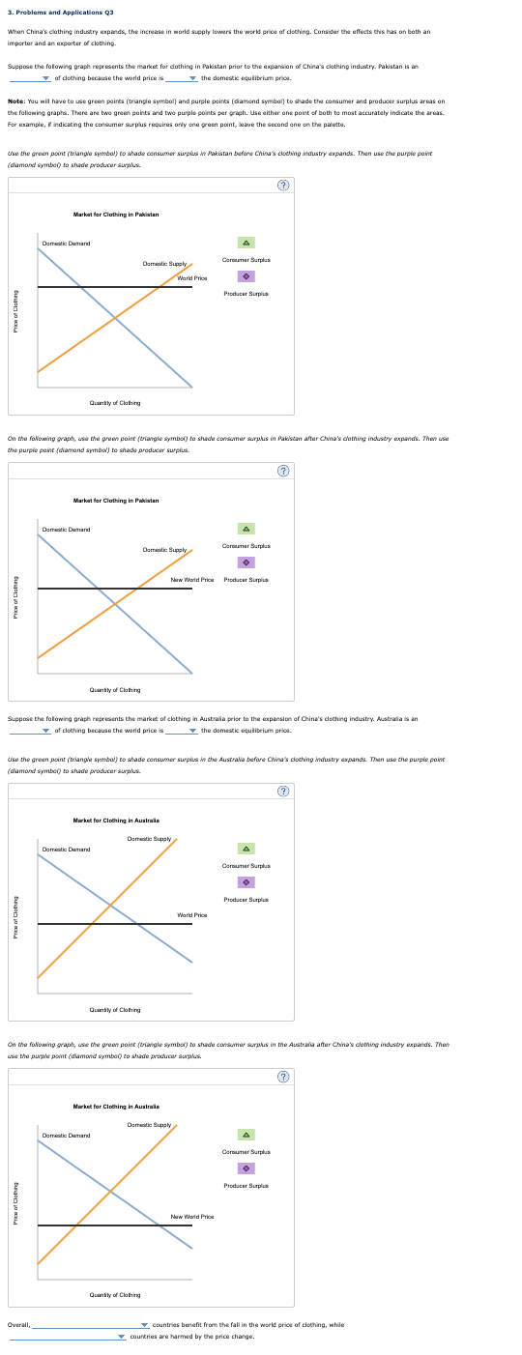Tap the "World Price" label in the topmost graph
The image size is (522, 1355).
(x=192, y=278)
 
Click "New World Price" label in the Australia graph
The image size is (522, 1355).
(x=192, y=1217)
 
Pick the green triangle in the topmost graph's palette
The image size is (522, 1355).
(x=246, y=244)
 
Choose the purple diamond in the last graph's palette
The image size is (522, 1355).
(x=246, y=1168)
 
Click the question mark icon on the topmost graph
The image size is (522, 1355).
(x=283, y=185)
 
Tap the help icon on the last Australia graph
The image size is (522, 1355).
(x=283, y=1077)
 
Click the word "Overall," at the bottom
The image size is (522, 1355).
(x=18, y=1325)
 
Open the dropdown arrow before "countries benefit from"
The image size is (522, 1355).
(x=144, y=1325)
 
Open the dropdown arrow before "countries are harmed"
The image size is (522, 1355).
(x=122, y=1337)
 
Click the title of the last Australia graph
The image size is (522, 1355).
(x=116, y=1106)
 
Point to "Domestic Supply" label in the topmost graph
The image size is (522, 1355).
(x=164, y=264)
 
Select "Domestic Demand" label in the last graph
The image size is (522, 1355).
(x=66, y=1136)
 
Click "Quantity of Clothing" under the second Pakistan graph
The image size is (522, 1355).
(x=114, y=690)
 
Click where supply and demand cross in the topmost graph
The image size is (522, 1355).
(x=115, y=317)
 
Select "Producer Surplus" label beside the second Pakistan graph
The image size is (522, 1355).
(x=246, y=580)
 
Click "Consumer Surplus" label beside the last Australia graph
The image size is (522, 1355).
(x=246, y=1152)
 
